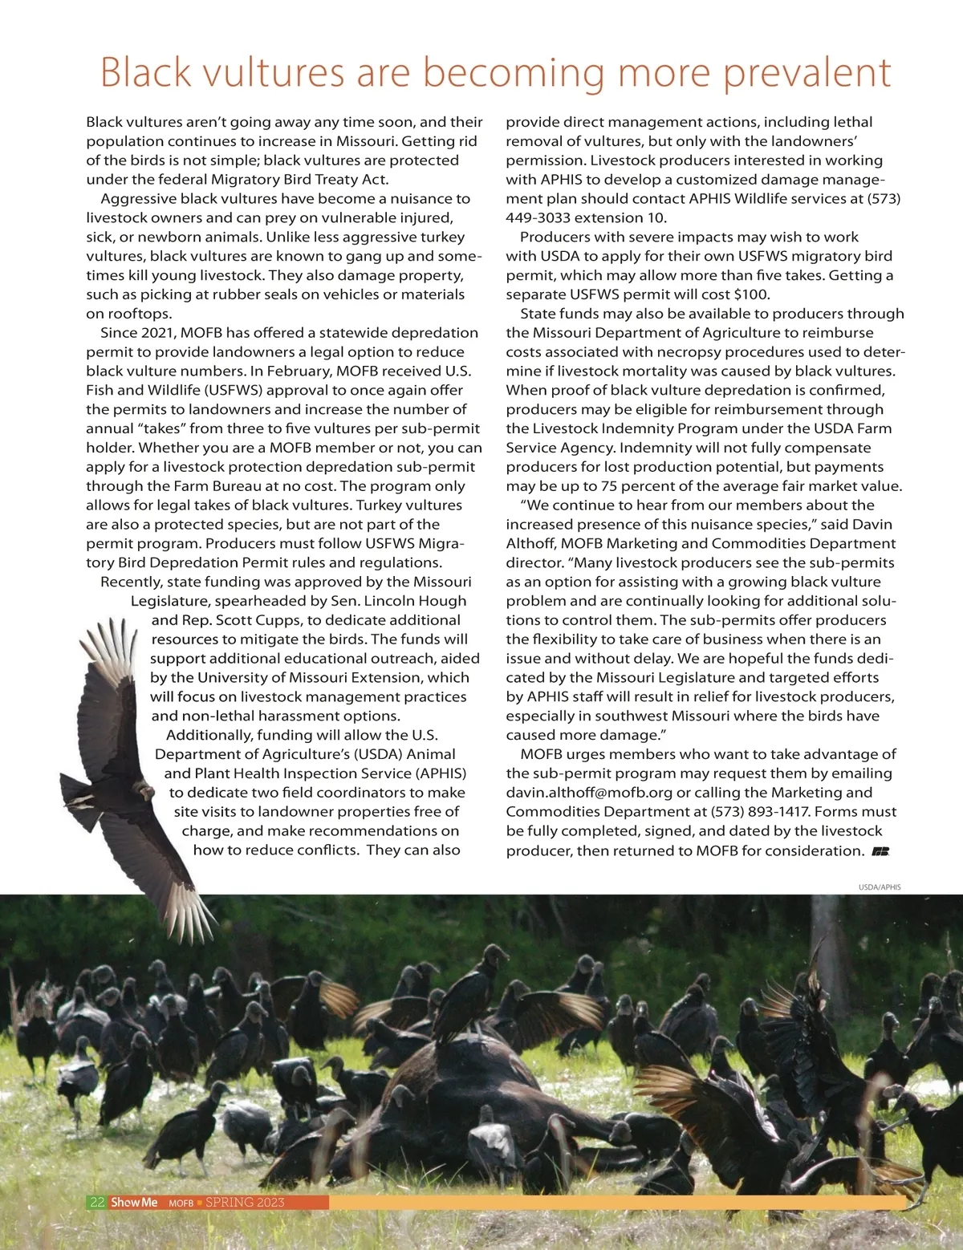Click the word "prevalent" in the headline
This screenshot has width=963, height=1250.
point(807,72)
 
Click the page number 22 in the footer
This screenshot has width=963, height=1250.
point(97,1202)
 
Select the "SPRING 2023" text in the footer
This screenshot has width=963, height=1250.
point(245,1202)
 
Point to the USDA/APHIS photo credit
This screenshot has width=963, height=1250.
point(880,887)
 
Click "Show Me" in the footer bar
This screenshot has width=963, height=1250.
point(134,1202)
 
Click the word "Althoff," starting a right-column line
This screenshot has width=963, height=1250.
point(530,543)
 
